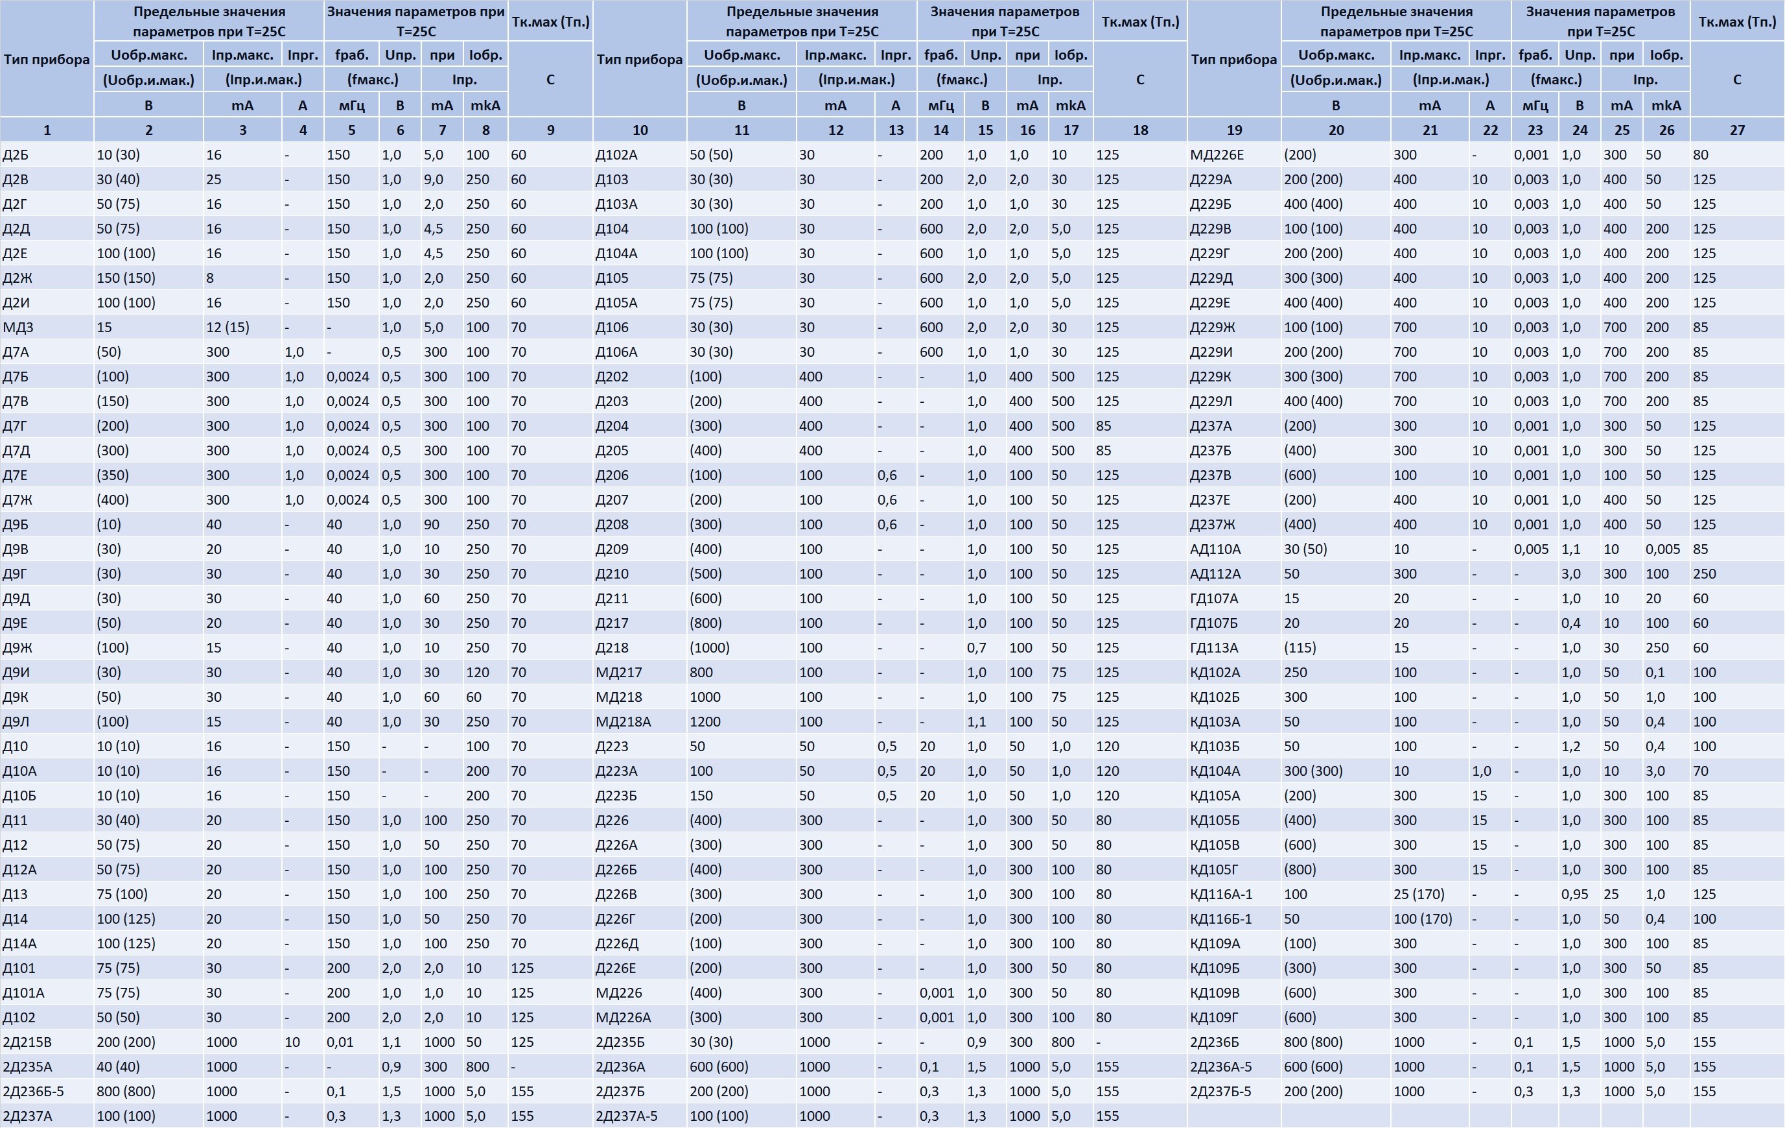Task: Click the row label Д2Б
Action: click(x=16, y=155)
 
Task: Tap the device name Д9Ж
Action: click(x=17, y=648)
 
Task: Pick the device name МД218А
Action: click(x=624, y=721)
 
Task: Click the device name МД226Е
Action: click(x=1217, y=155)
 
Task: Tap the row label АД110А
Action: click(x=1216, y=549)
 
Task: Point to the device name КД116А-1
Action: click(x=1221, y=894)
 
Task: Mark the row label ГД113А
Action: click(x=1214, y=648)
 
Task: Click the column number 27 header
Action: click(x=1737, y=130)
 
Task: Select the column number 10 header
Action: click(x=640, y=130)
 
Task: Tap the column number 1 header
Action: click(x=47, y=130)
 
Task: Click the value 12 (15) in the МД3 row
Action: click(x=227, y=328)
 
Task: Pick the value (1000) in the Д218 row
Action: click(x=710, y=648)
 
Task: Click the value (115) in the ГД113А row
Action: click(x=1300, y=648)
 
